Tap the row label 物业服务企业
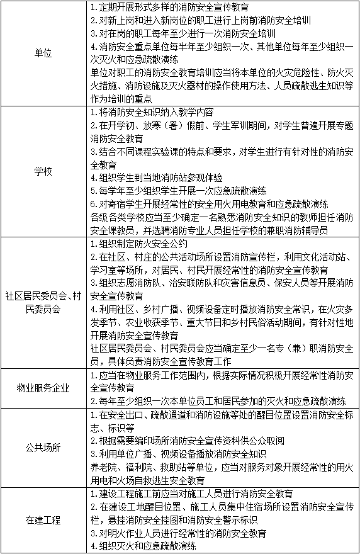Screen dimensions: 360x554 pyautogui.click(x=43, y=387)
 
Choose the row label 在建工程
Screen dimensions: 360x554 pyautogui.click(x=43, y=520)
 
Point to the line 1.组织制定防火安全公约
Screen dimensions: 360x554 pyautogui.click(x=140, y=243)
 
